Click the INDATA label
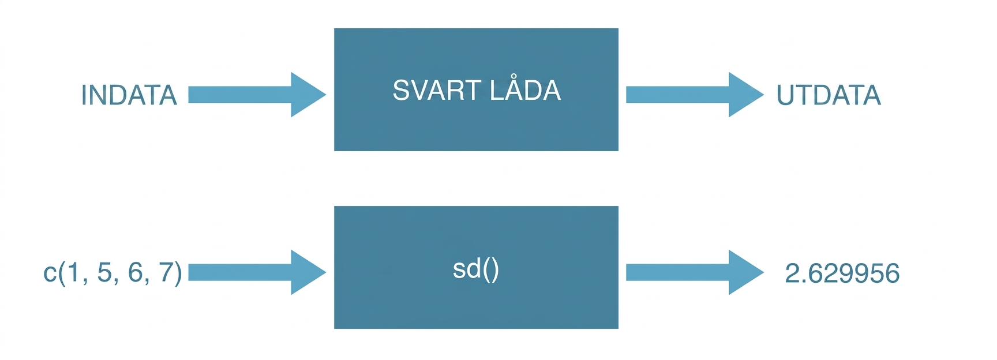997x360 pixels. tap(129, 95)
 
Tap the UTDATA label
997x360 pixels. tap(829, 95)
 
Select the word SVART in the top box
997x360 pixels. tap(437, 91)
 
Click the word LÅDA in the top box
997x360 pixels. tap(525, 89)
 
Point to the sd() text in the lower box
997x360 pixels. tap(476, 269)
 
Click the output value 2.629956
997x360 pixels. tap(842, 273)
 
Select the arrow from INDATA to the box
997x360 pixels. tap(257, 95)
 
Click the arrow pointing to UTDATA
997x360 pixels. tap(695, 95)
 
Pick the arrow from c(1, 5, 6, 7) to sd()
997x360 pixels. tap(257, 272)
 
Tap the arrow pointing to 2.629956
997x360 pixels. tap(695, 272)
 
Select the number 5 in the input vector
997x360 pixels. tap(104, 272)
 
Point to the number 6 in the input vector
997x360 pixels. tap(136, 272)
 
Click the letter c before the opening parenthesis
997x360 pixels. tap(50, 274)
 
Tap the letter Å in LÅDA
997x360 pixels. tap(515, 89)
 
